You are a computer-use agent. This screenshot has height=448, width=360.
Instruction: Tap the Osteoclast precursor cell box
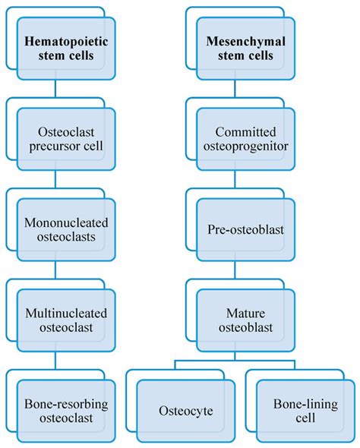coord(66,138)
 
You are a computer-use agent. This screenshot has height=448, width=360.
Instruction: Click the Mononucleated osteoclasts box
coord(66,229)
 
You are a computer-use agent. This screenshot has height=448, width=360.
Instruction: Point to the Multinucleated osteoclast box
coord(66,319)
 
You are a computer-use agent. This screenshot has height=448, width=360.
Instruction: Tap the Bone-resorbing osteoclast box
coord(66,410)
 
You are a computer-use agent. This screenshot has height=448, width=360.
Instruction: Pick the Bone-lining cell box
coord(302,410)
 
